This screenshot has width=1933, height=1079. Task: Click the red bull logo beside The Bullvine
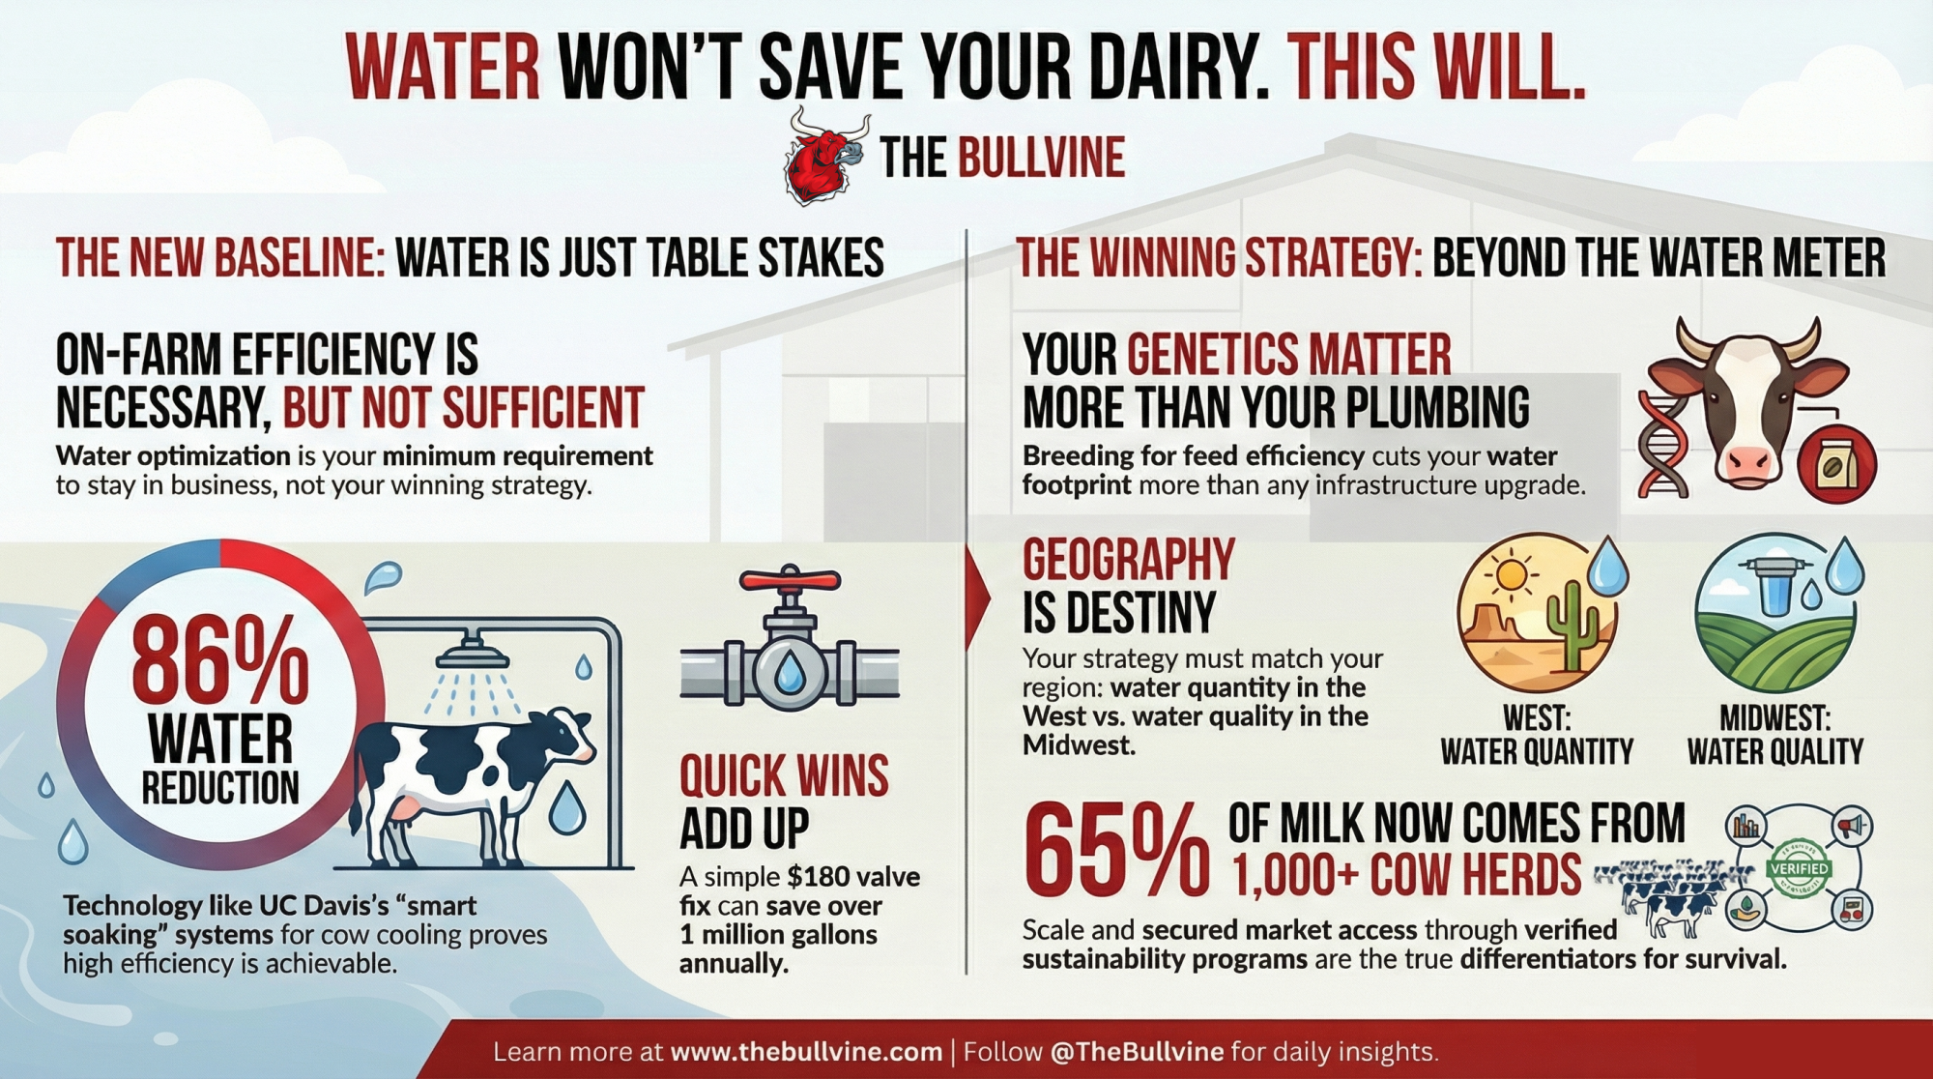825,158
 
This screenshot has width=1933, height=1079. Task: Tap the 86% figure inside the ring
220,660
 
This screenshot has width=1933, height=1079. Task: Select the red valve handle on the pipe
790,580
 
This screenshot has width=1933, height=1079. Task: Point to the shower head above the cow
473,653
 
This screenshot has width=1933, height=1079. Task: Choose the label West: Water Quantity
1537,736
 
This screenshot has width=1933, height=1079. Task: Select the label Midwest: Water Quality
1775,736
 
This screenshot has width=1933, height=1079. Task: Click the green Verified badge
1799,868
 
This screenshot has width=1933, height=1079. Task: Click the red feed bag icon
1836,464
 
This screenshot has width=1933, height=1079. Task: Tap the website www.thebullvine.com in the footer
806,1052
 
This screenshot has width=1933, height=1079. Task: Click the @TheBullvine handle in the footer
1137,1052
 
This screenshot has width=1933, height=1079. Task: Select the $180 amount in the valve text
820,877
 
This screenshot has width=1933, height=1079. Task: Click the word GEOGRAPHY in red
1129,560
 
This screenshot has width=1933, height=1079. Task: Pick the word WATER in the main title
443,68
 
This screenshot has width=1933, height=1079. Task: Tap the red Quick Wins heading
784,776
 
